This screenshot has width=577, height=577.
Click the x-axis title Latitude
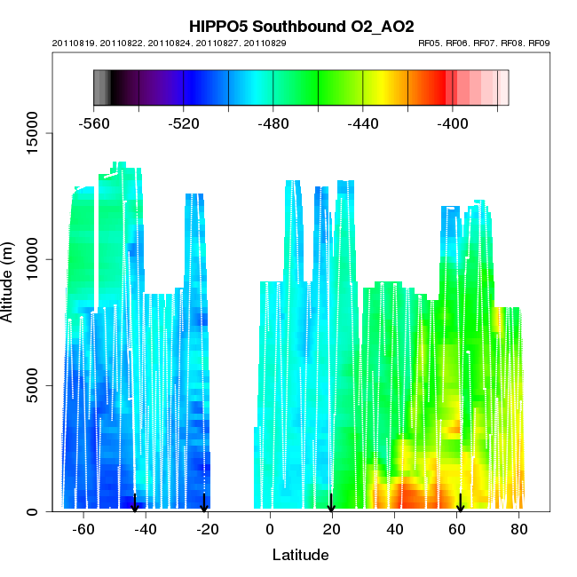300,556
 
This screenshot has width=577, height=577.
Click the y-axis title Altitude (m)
11,282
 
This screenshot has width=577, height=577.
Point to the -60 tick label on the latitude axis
83,530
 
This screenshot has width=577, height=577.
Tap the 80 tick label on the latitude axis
519,530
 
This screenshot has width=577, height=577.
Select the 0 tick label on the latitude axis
269,530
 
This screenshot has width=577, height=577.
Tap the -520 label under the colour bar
184,124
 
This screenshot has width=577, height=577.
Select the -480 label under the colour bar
273,124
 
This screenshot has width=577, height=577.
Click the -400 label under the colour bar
453,124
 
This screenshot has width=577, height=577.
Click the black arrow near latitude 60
460,503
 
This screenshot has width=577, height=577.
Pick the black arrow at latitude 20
331,503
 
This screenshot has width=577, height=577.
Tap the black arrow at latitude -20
204,503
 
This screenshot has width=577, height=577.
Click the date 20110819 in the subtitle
81,43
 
